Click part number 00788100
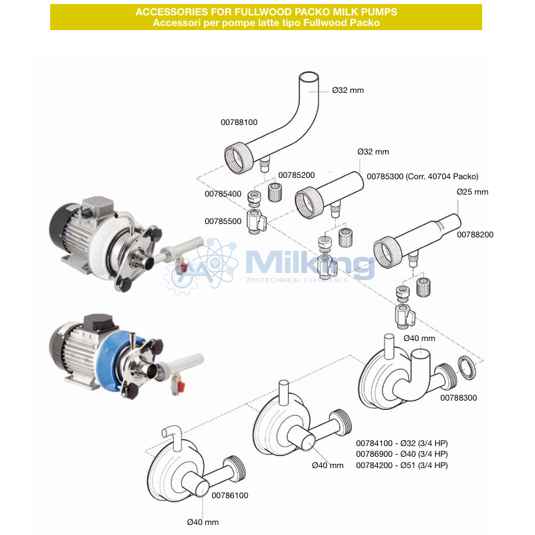point(239,122)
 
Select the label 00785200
point(296,175)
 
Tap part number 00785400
point(223,194)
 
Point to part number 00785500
point(223,221)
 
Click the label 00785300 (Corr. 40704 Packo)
point(423,177)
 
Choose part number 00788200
point(475,235)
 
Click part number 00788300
point(458,397)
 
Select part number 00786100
point(229,496)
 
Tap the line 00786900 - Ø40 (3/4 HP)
point(402,454)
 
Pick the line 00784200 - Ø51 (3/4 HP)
point(402,465)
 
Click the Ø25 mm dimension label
point(472,192)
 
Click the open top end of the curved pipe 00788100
point(309,77)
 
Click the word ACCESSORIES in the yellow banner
point(171,12)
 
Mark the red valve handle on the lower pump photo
point(181,386)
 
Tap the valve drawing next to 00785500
point(256,221)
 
